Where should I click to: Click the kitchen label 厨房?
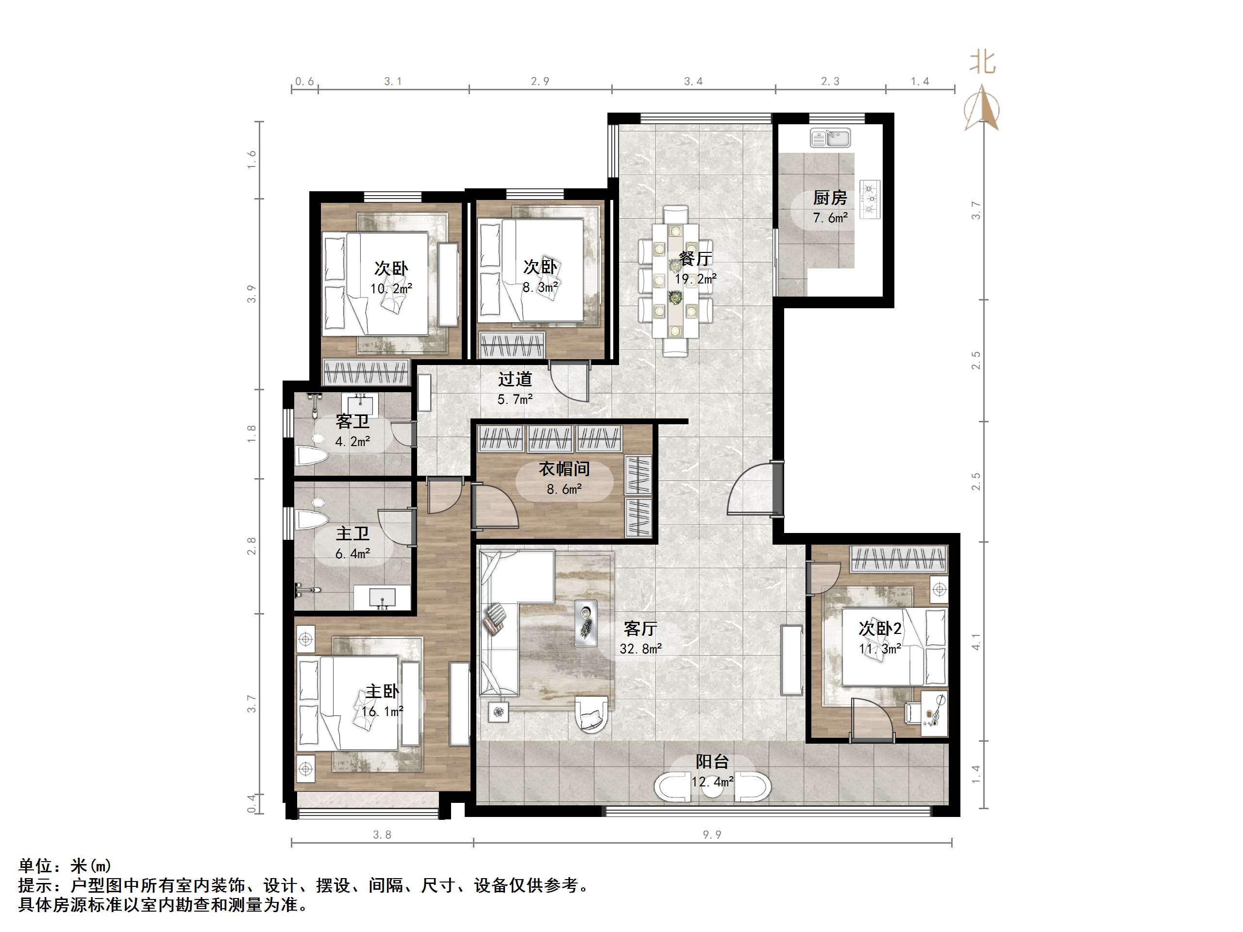[x=829, y=198]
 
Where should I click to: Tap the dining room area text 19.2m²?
[x=696, y=279]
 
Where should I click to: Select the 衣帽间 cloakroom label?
[x=564, y=468]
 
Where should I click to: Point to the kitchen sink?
[x=831, y=138]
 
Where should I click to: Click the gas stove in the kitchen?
[x=870, y=199]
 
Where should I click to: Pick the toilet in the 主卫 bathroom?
[x=311, y=520]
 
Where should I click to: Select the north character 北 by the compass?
[x=982, y=62]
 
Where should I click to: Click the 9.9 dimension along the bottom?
[x=712, y=835]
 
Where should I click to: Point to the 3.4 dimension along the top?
[x=693, y=82]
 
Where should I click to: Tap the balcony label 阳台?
[x=712, y=762]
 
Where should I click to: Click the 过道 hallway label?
[x=515, y=379]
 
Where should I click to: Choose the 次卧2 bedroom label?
[x=880, y=629]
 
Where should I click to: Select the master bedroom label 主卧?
[x=383, y=691]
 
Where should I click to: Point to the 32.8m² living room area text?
[x=640, y=649]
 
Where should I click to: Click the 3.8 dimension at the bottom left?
[x=382, y=835]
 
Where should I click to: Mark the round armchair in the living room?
[x=591, y=715]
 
